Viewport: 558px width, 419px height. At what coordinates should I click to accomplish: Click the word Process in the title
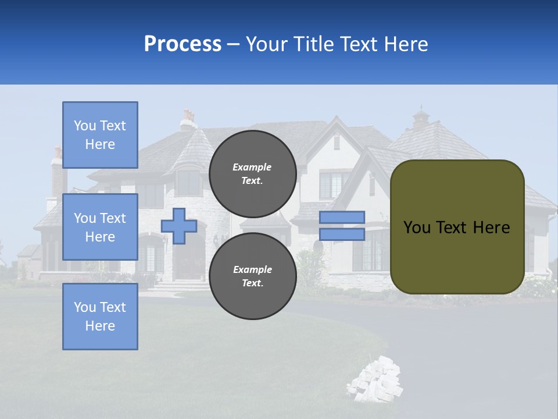coord(183,44)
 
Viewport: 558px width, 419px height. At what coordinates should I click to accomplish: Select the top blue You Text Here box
coord(100,135)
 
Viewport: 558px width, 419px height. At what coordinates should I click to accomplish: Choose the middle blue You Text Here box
coord(100,227)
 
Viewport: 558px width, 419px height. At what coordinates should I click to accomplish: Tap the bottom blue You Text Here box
coord(100,317)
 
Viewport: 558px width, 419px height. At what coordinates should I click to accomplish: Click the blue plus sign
coord(179,226)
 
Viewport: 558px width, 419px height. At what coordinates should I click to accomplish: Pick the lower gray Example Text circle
coord(253,276)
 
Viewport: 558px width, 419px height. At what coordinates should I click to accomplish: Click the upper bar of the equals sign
coord(342,217)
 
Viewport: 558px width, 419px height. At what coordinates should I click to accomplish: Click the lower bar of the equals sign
coord(342,234)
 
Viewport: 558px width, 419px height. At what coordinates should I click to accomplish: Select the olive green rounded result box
coord(457,227)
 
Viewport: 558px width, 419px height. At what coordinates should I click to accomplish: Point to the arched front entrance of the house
coord(189,259)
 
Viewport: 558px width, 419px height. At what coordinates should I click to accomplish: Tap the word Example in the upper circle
coord(252,167)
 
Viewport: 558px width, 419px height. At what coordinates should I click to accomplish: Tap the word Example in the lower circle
coord(252,269)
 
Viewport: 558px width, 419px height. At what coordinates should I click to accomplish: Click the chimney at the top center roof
coord(188,119)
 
